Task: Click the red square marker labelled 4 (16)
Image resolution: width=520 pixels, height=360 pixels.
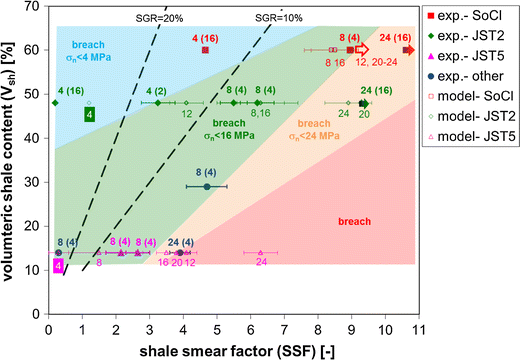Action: (205, 49)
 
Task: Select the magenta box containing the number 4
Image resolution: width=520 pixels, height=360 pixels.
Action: (58, 266)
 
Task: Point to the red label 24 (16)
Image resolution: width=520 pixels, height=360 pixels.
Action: (398, 37)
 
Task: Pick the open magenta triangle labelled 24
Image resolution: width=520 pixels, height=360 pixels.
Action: (261, 252)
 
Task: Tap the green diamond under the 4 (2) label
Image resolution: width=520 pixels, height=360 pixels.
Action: (158, 102)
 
